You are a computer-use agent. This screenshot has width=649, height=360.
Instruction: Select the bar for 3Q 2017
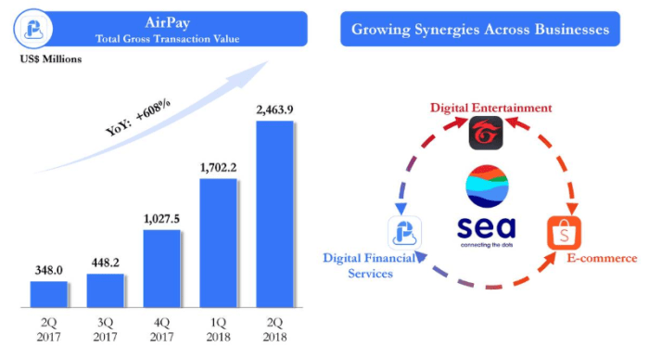(105, 289)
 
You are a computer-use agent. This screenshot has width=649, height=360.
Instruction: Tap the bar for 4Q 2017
(161, 268)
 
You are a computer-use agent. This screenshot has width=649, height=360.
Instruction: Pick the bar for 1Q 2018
(218, 242)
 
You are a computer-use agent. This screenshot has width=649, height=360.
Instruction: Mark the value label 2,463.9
(274, 111)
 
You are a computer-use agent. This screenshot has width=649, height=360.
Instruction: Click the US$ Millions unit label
(48, 59)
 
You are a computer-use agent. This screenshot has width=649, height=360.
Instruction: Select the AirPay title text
(167, 22)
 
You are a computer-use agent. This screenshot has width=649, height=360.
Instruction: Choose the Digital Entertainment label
(490, 108)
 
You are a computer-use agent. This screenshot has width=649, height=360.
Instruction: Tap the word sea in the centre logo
(487, 227)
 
